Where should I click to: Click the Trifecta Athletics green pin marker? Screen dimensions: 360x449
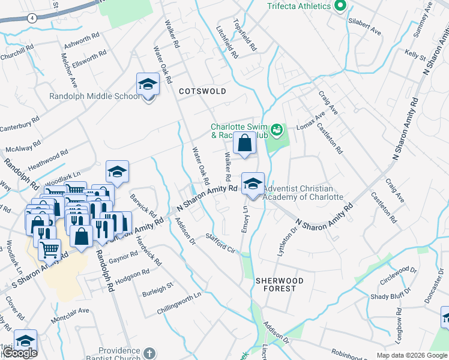[340, 6]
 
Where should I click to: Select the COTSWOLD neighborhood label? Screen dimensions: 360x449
[202, 91]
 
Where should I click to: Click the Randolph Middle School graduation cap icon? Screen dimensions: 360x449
[147, 86]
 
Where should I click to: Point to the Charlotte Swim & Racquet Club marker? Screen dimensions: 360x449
[276, 128]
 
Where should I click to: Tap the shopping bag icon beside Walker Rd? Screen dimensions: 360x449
[244, 145]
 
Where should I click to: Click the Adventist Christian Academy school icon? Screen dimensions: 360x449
[253, 184]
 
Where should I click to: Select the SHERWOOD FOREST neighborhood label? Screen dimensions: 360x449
[276, 284]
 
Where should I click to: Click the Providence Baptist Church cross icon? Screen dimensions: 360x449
[149, 353]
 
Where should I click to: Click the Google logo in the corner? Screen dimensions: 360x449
[19, 353]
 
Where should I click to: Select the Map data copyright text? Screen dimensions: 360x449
[412, 355]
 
